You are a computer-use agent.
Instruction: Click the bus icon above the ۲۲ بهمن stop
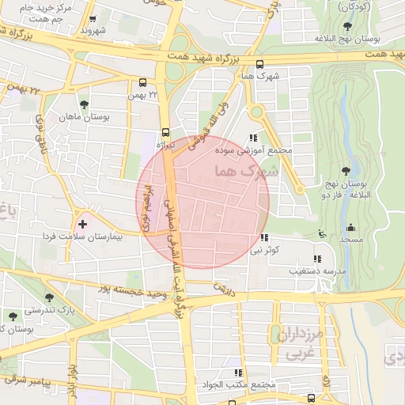(x=142, y=81)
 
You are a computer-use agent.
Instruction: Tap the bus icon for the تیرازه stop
(x=165, y=132)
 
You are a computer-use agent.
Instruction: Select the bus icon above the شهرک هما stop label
(x=261, y=65)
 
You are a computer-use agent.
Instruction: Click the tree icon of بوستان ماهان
(x=84, y=104)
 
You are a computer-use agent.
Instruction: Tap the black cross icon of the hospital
(x=82, y=225)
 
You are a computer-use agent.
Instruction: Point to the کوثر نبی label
(x=267, y=250)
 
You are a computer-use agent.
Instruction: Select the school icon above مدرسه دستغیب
(x=317, y=259)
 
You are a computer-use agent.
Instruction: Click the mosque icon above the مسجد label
(x=350, y=227)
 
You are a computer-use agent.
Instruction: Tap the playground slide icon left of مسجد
(x=321, y=233)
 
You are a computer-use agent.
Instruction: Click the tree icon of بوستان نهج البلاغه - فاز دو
(x=346, y=170)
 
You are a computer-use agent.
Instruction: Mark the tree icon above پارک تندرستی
(x=49, y=297)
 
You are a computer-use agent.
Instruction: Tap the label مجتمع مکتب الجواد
(x=237, y=385)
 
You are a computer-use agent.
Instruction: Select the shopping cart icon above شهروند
(x=93, y=21)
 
